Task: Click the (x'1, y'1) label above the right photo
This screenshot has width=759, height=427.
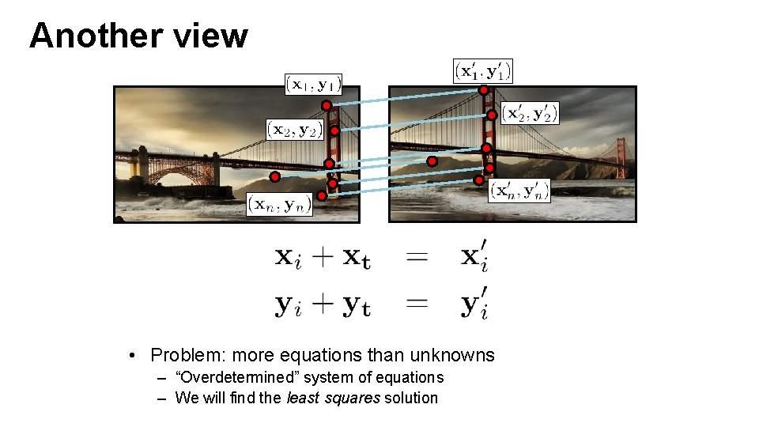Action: click(483, 71)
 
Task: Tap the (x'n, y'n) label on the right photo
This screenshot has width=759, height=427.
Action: click(519, 191)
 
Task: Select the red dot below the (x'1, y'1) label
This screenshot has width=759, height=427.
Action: click(484, 90)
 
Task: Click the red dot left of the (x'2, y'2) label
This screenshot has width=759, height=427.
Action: click(492, 115)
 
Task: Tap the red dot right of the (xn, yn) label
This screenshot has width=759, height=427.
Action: click(322, 195)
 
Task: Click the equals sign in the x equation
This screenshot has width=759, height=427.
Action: click(417, 257)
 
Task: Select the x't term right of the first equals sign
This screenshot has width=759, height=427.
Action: click(474, 258)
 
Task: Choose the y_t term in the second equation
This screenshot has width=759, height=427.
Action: click(356, 306)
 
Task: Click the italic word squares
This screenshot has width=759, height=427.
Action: click(353, 398)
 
